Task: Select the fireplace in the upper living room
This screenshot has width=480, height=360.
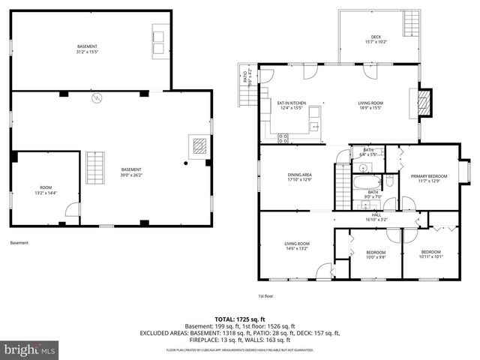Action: point(425,103)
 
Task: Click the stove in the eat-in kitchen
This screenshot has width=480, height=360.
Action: point(283,137)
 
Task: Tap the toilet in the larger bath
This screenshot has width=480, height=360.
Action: point(389,182)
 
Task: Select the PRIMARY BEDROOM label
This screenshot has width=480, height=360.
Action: point(428,175)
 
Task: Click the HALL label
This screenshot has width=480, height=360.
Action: point(376,216)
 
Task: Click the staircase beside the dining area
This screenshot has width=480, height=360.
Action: point(341,182)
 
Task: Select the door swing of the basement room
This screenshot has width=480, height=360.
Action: point(72,214)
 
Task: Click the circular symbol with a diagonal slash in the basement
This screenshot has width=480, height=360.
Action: point(96,98)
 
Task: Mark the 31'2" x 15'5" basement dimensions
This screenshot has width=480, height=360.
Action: point(87,52)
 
